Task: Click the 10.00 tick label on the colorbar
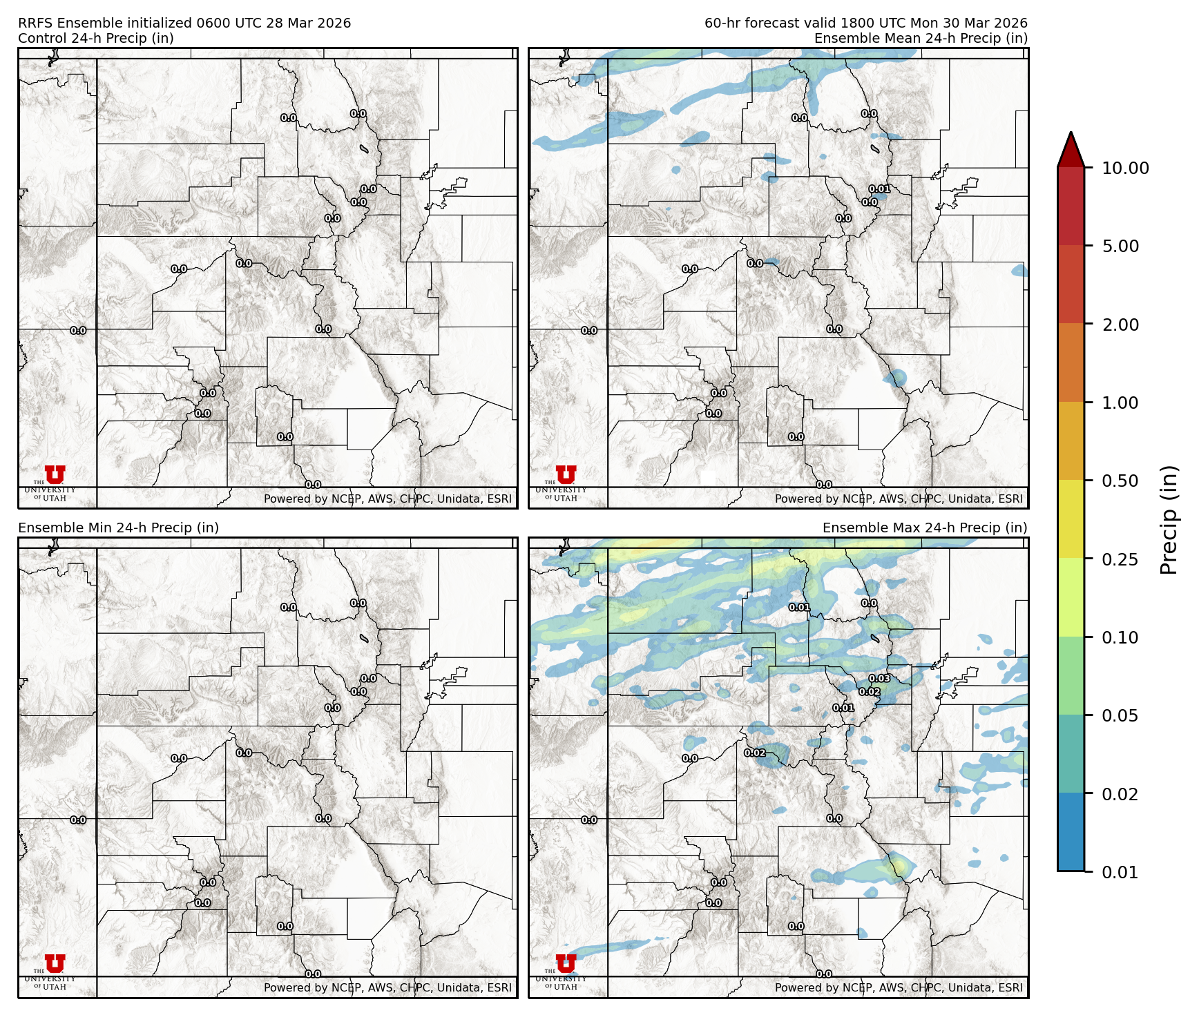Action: pos(1125,168)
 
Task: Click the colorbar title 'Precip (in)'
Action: pos(1169,520)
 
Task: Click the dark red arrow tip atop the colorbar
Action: pos(1071,148)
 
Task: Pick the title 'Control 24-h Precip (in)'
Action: pos(96,38)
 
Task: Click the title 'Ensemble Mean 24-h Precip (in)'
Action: pos(921,38)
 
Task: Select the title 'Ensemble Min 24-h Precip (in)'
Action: pos(118,528)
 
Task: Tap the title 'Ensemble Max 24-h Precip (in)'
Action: pos(925,528)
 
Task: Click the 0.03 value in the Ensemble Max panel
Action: pos(879,679)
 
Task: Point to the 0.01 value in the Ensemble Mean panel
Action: pos(879,189)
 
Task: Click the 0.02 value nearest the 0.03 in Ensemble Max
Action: pos(870,692)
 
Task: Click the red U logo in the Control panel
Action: pos(55,475)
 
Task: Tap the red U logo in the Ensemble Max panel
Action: pos(566,964)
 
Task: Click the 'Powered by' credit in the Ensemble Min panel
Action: pos(387,987)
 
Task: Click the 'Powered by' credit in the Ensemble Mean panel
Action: pos(899,499)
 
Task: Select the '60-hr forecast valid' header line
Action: pos(865,23)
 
